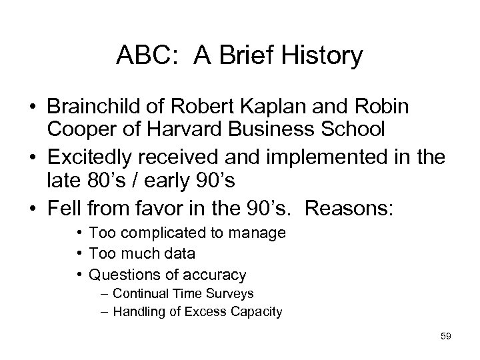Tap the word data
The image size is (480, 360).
click(180, 253)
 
